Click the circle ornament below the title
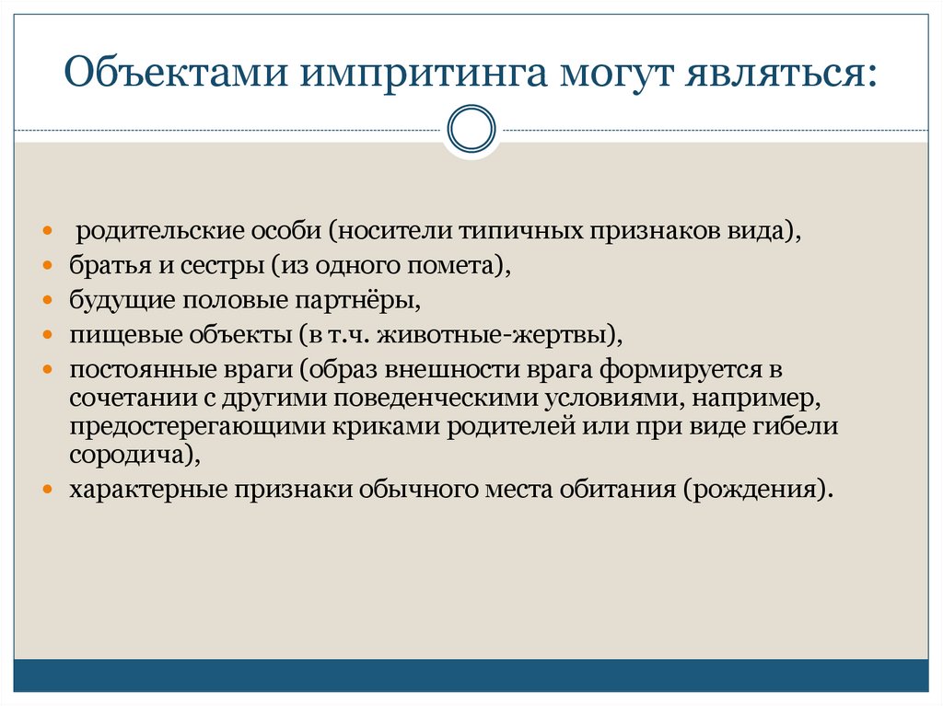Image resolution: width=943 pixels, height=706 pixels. (471, 129)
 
